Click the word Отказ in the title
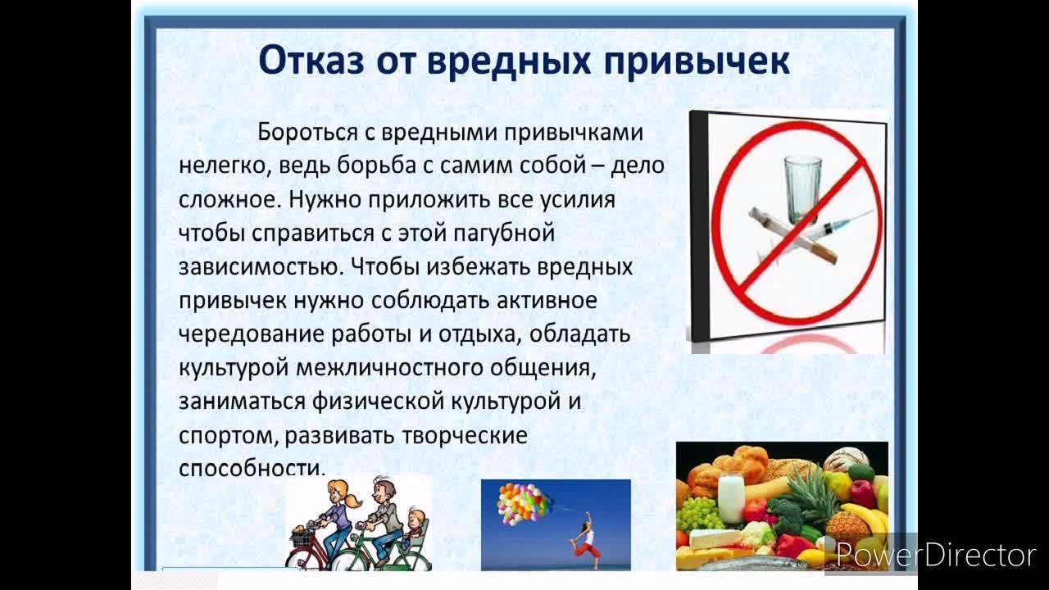pos(311,61)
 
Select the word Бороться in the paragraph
pos(307,132)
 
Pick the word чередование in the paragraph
pos(251,334)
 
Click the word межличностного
pos(389,368)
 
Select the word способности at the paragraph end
pos(252,468)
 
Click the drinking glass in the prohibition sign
pos(803,189)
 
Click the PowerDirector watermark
pos(936,556)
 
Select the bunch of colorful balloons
pos(521,504)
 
